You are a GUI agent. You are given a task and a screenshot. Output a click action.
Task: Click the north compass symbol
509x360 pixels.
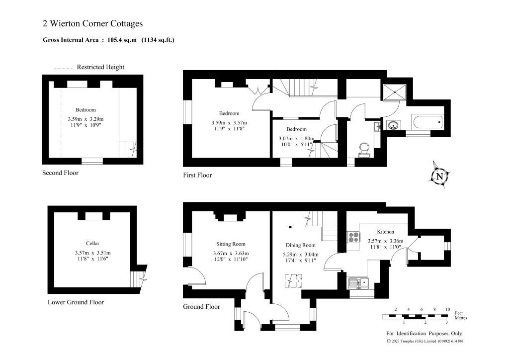[x=440, y=176]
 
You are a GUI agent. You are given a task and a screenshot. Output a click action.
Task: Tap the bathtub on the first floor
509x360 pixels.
[x=427, y=122]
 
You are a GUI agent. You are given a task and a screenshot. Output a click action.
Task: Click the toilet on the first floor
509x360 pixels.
[x=365, y=149]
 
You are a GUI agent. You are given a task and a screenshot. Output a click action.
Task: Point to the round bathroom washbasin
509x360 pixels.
[x=394, y=125]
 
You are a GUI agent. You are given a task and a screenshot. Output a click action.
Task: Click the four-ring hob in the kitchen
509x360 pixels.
[x=353, y=237]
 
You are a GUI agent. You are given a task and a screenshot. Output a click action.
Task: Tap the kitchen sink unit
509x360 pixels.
[x=359, y=283]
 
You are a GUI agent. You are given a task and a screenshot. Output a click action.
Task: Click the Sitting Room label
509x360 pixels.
[x=231, y=244]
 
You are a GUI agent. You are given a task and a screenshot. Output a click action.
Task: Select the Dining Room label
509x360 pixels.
[x=301, y=245]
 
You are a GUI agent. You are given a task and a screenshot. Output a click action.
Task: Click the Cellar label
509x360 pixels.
[x=93, y=243]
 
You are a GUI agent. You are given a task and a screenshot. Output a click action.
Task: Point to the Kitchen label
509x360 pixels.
[x=385, y=231]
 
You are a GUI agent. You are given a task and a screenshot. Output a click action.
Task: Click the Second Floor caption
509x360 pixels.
[x=60, y=173]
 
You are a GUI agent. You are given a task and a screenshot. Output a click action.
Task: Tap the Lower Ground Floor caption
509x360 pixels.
[x=76, y=302]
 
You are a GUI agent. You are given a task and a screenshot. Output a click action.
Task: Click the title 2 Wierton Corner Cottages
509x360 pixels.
[x=93, y=23]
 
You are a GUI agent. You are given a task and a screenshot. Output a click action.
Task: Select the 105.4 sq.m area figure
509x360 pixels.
[x=122, y=40]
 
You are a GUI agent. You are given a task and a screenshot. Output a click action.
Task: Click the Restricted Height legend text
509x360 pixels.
[x=100, y=67]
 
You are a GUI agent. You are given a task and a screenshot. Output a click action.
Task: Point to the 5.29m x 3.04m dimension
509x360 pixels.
[x=301, y=255]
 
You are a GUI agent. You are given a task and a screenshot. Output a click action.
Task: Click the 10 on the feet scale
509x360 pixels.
[x=448, y=309]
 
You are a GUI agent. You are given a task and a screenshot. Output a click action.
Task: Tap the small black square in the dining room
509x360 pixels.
[x=290, y=227]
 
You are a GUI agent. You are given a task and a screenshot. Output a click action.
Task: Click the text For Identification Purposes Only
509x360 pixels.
[x=425, y=333]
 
